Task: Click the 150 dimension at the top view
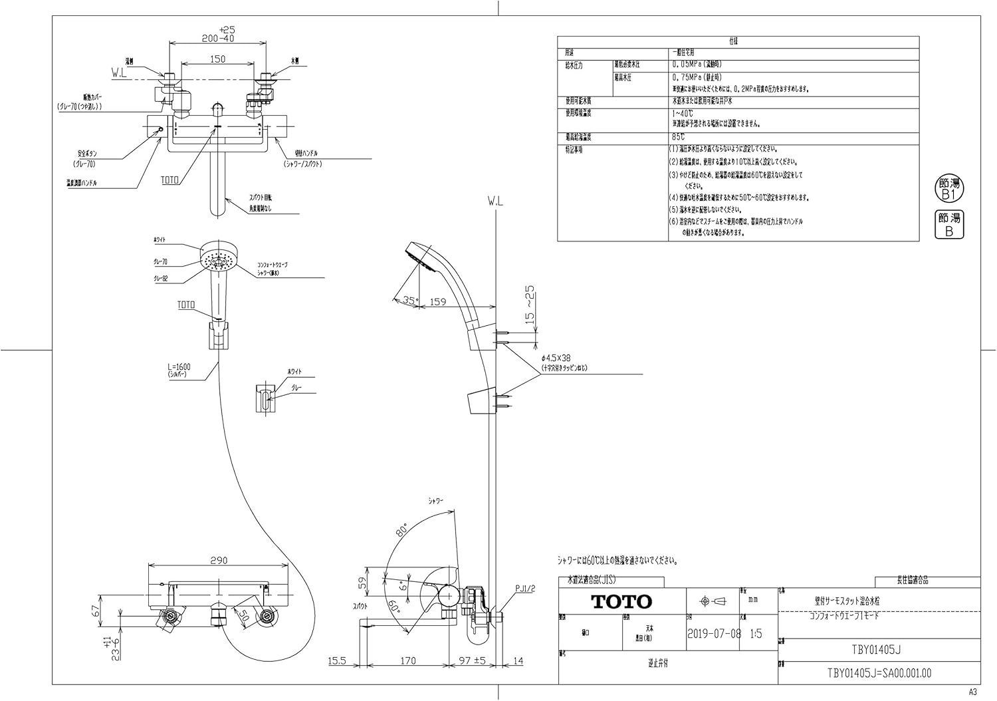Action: [218, 59]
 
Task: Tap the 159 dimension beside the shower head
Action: [437, 301]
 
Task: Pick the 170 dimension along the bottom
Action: [408, 660]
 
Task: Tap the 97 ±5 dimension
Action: [473, 660]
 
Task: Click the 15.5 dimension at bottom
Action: [338, 660]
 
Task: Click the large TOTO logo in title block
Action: [622, 602]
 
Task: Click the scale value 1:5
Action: [756, 634]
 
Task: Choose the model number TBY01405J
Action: [879, 649]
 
